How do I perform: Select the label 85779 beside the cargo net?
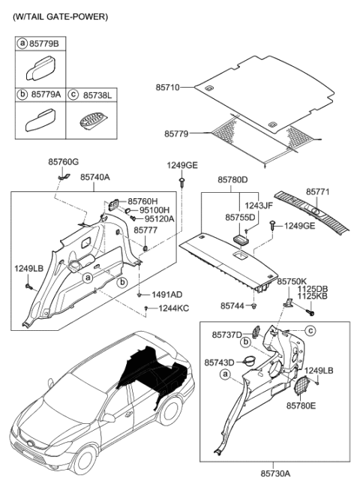point(178,134)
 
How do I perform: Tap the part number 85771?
point(317,192)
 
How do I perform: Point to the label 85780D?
point(232,180)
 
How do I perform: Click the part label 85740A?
point(94,177)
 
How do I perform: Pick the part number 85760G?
point(63,161)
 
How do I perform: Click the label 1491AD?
point(166,296)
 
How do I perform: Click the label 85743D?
point(219,362)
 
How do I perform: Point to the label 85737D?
point(227,334)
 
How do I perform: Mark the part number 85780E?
point(301,405)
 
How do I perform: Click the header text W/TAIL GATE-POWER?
point(60,16)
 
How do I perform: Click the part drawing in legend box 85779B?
point(38,76)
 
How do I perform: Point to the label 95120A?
point(159,219)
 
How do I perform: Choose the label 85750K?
point(292,281)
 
